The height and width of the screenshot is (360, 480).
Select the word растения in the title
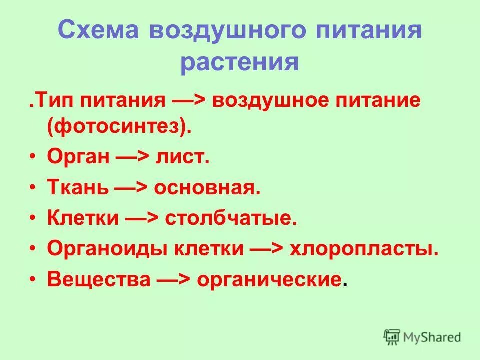tap(239, 63)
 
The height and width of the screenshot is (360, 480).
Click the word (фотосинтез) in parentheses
tap(120, 126)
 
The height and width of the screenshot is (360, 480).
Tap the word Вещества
tap(98, 279)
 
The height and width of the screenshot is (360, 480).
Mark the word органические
tap(270, 279)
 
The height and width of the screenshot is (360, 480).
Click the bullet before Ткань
tap(32, 188)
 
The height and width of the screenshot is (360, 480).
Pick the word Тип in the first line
tap(48, 102)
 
